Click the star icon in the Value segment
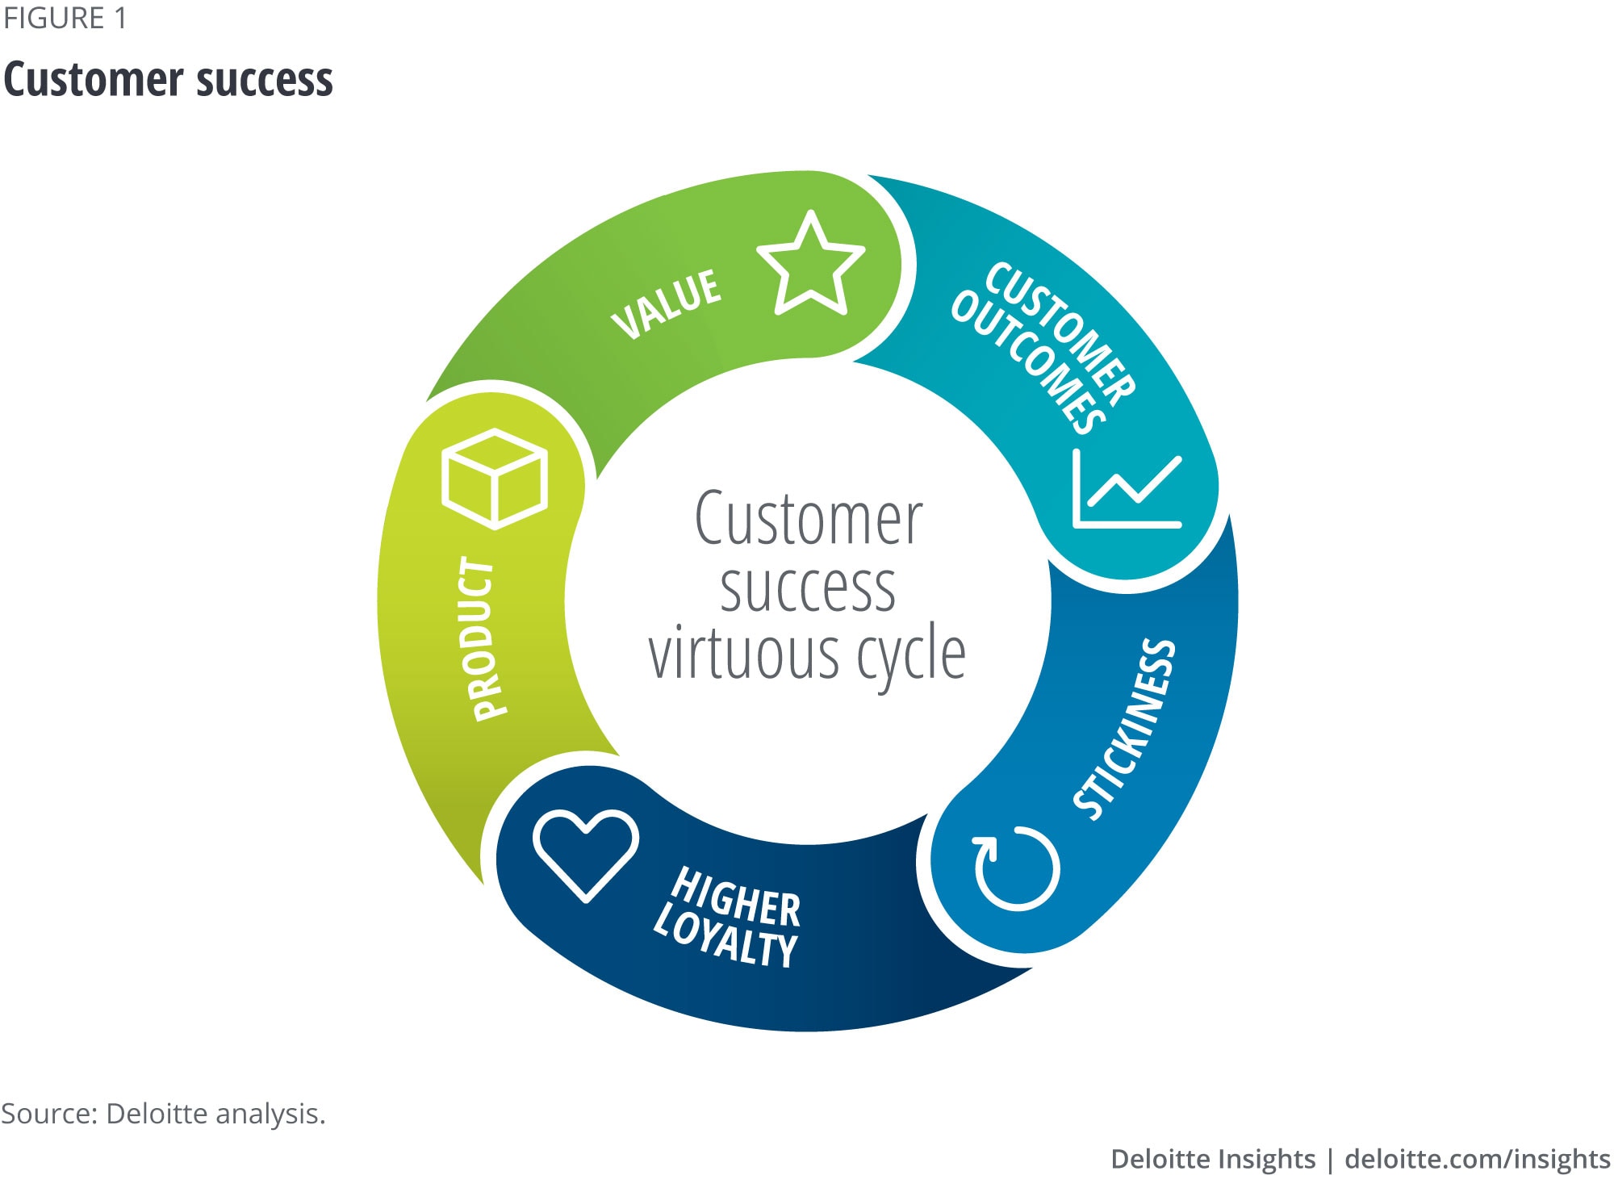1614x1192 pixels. [x=810, y=266]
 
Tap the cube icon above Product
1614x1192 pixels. [x=495, y=479]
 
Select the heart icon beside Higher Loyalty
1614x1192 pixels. [x=586, y=855]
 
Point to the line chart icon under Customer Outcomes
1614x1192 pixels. [x=1127, y=489]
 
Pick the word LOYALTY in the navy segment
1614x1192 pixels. [x=725, y=939]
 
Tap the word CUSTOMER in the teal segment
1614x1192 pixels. [x=1060, y=330]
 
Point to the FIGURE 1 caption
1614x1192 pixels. [x=65, y=19]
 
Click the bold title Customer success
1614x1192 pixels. [x=168, y=80]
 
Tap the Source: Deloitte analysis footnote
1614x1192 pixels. [x=163, y=1114]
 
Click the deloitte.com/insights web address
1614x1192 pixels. [x=1477, y=1159]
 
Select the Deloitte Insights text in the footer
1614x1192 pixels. [x=1212, y=1159]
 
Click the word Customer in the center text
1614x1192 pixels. [x=808, y=519]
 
